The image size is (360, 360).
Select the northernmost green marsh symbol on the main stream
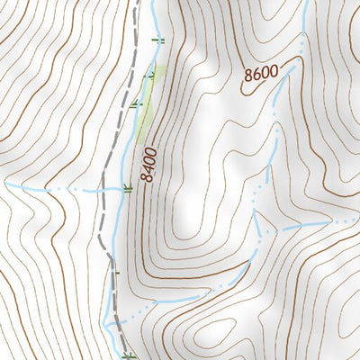coord(162,40)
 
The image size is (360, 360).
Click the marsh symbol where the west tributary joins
coord(128,189)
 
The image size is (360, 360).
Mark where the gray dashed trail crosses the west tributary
coord(102,191)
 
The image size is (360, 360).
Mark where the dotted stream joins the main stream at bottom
coord(110,321)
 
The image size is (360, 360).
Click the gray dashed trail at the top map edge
coord(137,4)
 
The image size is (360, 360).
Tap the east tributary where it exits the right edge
coord(355,219)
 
